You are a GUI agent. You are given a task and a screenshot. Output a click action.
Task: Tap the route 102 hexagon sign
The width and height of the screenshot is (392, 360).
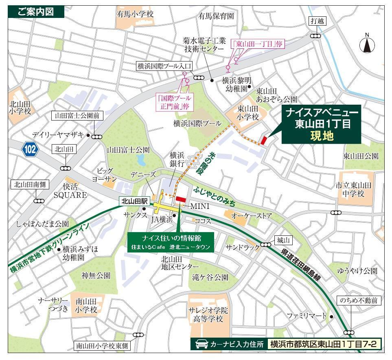(30, 149)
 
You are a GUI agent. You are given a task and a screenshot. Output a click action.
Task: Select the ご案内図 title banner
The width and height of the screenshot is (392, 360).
(36, 12)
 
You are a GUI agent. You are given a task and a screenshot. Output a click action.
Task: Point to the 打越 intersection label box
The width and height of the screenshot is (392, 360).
(316, 21)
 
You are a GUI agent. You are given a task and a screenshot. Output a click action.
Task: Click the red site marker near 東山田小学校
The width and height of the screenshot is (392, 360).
(264, 140)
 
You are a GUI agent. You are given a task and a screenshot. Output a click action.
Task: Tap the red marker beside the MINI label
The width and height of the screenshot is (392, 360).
(180, 199)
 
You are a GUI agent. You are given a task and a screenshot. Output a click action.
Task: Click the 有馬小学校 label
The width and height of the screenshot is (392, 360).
(135, 14)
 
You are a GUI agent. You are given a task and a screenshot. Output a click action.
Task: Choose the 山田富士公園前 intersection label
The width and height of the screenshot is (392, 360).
(77, 116)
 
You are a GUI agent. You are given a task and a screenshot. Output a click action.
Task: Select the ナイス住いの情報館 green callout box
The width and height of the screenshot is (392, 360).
(171, 242)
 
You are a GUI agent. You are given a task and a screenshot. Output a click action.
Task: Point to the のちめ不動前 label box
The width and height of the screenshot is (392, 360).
(359, 301)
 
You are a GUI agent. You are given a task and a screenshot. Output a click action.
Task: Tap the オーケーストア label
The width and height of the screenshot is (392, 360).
(252, 215)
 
